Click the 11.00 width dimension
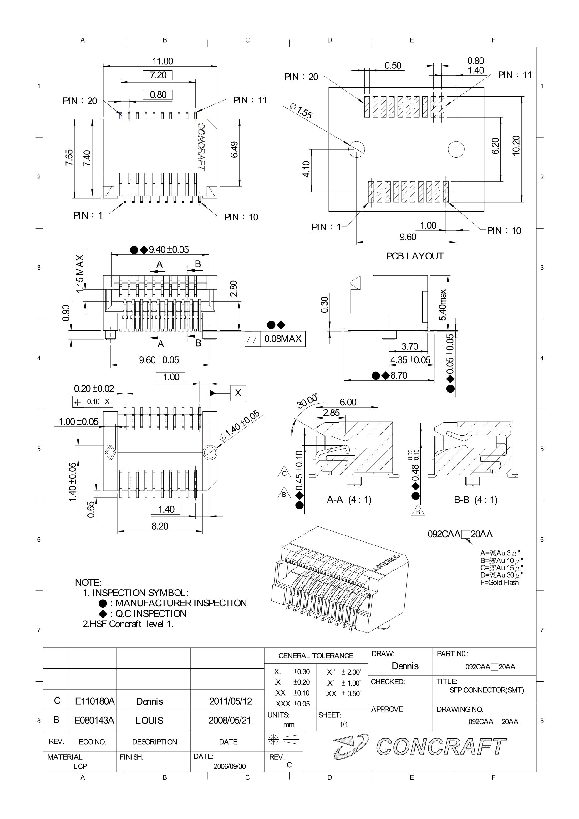tap(163, 61)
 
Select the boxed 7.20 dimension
tap(158, 75)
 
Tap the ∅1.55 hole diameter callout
tap(301, 111)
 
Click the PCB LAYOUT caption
tap(415, 256)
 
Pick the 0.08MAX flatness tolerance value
tap(283, 339)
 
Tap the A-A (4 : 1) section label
tap(349, 500)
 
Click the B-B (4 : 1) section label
tap(475, 500)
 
